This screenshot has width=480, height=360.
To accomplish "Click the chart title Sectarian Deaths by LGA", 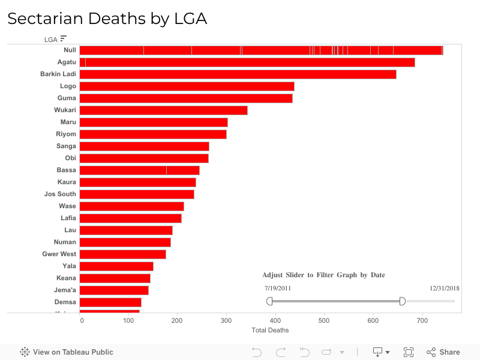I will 107,19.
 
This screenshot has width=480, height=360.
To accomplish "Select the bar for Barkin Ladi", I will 238,74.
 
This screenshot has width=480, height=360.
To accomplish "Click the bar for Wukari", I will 163,110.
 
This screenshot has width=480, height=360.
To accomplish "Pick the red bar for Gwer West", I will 122,254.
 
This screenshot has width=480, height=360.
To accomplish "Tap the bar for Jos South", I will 137,194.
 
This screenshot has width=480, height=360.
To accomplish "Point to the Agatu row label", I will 67,62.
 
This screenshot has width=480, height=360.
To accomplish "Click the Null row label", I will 70,50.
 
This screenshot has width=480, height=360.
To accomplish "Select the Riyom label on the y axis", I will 66,134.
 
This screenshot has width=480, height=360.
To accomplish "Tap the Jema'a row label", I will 65,290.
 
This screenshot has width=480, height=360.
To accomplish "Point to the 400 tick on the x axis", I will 275,321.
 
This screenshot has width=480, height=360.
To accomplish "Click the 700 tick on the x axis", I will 422,321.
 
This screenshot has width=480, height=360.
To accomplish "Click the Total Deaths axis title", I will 270,331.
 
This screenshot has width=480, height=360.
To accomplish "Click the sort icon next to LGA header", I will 64,39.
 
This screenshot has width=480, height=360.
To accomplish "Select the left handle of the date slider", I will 269,301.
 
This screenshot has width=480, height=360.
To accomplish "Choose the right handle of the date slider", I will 403,301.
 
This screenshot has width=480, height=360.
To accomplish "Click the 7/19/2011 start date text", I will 278,288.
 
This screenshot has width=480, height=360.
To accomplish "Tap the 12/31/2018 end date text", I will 445,288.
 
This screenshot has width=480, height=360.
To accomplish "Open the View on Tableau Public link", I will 67,352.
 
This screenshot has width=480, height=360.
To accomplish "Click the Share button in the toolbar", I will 443,352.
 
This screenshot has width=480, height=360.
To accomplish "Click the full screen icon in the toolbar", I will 409,352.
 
